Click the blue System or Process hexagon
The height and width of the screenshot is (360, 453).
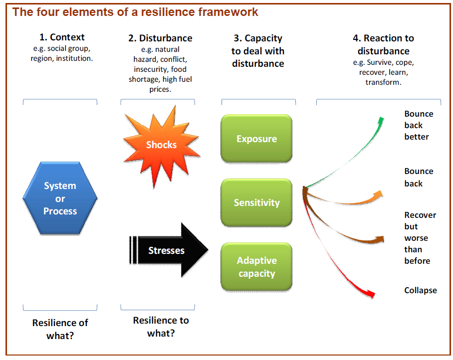(60, 198)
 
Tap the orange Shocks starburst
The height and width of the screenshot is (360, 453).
(161, 145)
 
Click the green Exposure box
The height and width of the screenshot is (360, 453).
(256, 139)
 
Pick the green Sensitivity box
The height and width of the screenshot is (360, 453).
(256, 202)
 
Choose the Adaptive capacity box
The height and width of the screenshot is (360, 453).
(256, 267)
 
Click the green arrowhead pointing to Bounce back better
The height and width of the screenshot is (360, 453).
(381, 121)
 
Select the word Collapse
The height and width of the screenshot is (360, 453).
(421, 290)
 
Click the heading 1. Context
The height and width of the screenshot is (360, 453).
(62, 37)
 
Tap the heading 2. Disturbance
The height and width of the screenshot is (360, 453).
(160, 38)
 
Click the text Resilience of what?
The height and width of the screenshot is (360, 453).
(60, 329)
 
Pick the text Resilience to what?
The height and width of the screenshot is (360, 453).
(161, 327)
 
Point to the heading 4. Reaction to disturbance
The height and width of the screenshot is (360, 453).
(384, 44)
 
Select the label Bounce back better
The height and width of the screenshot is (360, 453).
(418, 125)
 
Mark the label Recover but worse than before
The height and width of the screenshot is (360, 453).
(420, 238)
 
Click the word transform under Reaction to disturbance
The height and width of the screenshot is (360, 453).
(383, 82)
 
